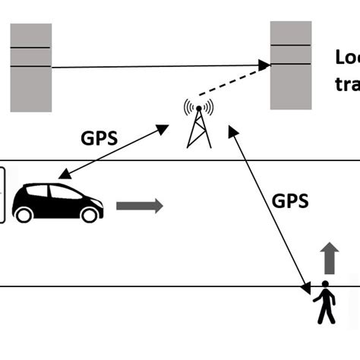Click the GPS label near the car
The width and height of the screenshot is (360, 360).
coord(99,138)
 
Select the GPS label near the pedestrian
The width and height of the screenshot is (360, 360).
coord(290,201)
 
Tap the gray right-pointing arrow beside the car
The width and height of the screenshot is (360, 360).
coord(139,205)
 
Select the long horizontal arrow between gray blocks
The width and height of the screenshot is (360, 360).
coord(159,66)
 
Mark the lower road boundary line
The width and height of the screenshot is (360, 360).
coord(152,286)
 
